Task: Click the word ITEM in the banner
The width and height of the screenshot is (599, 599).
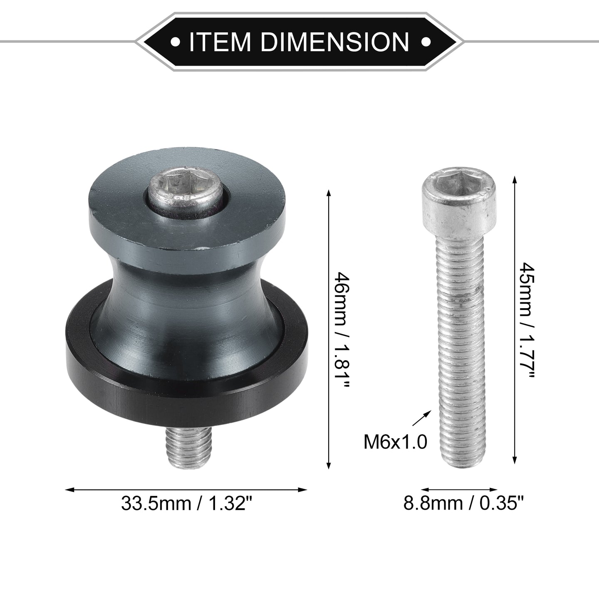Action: pos(220,41)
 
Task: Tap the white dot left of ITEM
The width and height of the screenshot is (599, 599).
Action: pos(176,41)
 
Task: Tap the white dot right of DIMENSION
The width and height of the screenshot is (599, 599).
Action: pos(426,41)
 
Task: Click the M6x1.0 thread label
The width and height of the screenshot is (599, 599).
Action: pos(396,442)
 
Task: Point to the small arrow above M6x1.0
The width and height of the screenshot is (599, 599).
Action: pos(422,418)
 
